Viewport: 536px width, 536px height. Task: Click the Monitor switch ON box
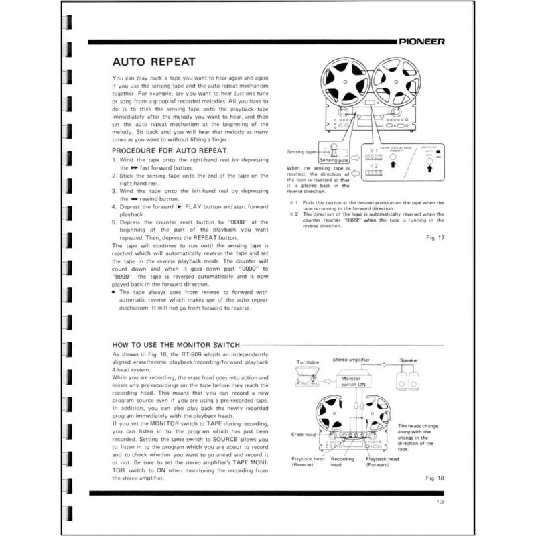pyautogui.click(x=353, y=381)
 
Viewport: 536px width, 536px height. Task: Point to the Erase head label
pyautogui.click(x=305, y=433)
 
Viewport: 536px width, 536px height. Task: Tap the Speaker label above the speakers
pyautogui.click(x=409, y=360)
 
